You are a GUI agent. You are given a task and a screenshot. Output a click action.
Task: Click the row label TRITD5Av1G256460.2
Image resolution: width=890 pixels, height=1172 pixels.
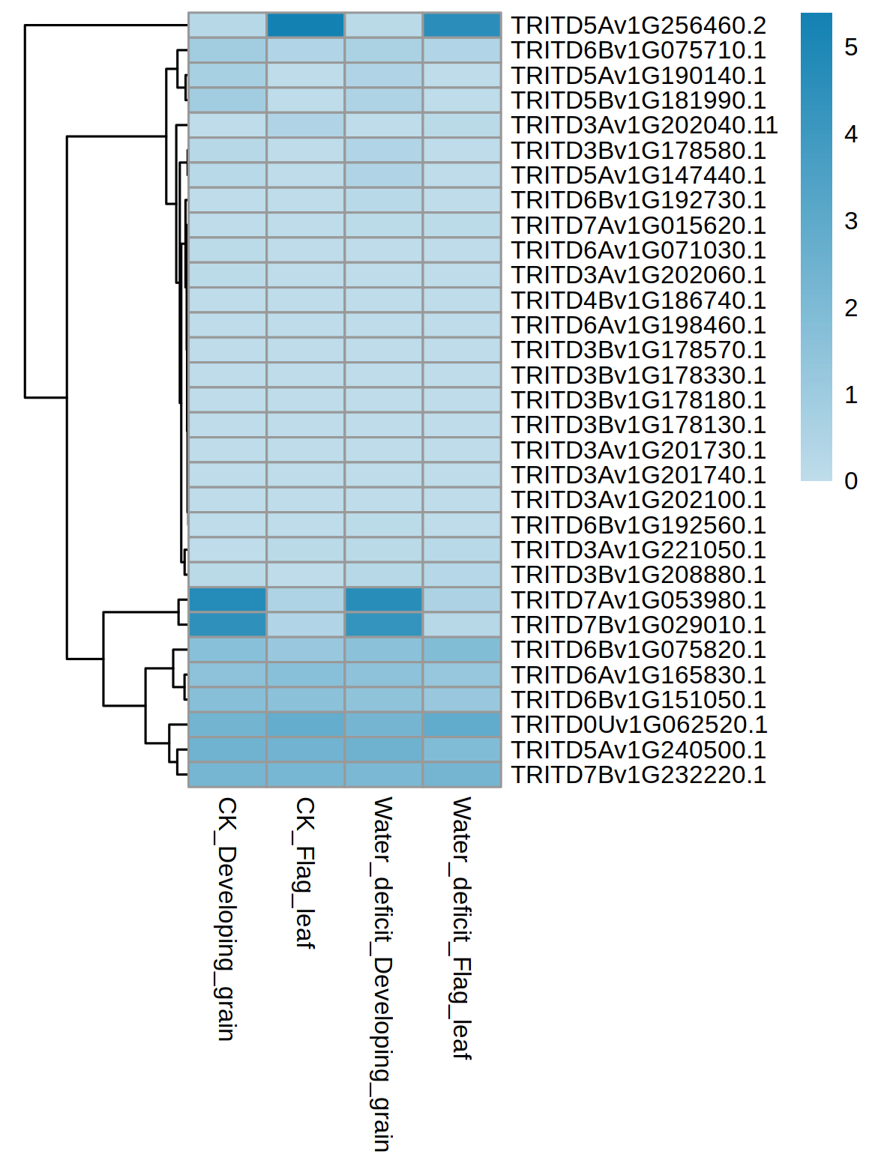(639, 25)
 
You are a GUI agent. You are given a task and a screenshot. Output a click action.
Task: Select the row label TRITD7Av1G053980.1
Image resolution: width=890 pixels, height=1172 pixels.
(639, 600)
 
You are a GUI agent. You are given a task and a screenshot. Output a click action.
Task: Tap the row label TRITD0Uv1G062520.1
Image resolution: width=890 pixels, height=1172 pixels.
(639, 725)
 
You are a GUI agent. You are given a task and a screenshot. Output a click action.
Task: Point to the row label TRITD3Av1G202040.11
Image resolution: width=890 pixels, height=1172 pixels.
(645, 125)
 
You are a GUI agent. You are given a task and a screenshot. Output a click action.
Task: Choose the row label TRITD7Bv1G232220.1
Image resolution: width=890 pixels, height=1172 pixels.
(639, 775)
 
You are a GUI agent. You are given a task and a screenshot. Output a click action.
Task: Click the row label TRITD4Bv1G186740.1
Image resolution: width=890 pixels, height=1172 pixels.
(639, 300)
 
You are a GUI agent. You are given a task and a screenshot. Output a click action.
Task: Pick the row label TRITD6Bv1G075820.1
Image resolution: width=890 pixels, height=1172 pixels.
(639, 650)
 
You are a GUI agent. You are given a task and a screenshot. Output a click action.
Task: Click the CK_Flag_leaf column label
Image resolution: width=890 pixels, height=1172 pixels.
(305, 873)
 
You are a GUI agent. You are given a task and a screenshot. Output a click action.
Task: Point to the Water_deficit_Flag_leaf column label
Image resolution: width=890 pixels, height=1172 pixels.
(461, 928)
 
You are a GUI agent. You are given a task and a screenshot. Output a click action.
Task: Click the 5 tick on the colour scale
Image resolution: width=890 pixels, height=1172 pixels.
(851, 48)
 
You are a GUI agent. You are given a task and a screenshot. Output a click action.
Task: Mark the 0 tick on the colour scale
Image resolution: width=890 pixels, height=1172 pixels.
(851, 481)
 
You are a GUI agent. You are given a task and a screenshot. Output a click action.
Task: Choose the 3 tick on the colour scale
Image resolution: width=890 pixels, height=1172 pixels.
(851, 222)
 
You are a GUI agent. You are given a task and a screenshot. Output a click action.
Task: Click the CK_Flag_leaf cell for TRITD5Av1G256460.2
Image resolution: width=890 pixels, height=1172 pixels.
(306, 25)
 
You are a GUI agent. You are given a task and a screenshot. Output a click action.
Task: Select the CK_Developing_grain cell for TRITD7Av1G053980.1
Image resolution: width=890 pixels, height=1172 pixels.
(227, 600)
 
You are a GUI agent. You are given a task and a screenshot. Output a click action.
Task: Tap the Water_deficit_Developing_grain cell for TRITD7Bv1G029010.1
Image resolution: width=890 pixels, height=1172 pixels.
(384, 625)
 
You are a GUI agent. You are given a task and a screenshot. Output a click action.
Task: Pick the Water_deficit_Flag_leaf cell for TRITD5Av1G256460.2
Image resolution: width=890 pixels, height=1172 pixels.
(462, 25)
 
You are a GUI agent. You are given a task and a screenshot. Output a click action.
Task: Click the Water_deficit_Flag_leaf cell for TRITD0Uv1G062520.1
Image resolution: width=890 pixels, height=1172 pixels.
(462, 725)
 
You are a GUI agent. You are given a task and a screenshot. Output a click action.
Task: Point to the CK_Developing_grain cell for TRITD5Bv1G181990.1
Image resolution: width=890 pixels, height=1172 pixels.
(227, 100)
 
